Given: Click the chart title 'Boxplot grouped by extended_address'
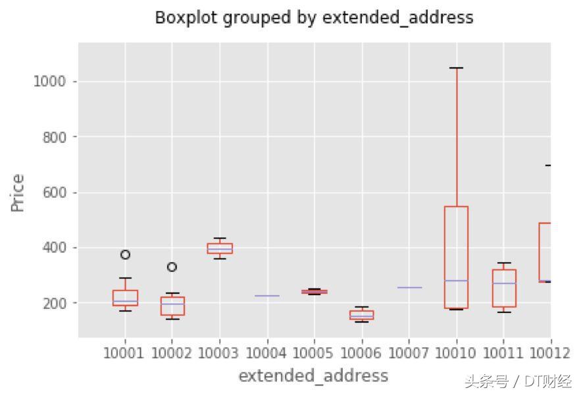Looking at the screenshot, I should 314,18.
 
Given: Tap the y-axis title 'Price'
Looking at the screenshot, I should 18,192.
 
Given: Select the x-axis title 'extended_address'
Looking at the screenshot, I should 313,376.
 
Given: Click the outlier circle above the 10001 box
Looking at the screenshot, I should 125,254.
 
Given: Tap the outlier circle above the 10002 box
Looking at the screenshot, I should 172,267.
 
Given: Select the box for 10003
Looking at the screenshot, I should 220,248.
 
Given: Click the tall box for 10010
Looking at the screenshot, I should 456,257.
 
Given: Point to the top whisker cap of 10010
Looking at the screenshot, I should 456,68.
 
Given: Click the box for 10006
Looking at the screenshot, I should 361,315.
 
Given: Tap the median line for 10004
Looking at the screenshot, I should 267,296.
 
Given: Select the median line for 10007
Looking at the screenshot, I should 409,287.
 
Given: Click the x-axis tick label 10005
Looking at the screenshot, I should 314,354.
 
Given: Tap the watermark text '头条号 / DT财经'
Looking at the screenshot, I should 517,381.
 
